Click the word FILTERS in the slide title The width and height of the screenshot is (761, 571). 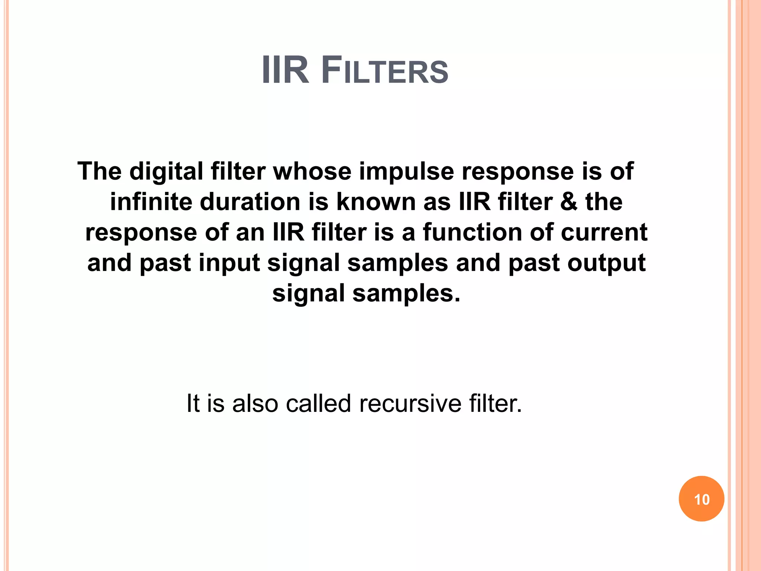[x=385, y=71]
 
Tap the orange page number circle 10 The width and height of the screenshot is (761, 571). [x=701, y=499]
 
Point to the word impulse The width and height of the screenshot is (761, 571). [x=407, y=172]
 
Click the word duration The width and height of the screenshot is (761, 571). [x=250, y=202]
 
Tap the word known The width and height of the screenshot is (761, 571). [x=376, y=202]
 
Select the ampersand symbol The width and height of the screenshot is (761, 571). [x=569, y=202]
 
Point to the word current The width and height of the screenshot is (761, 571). [x=604, y=233]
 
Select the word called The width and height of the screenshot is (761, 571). [x=318, y=403]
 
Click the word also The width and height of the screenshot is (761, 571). [x=255, y=403]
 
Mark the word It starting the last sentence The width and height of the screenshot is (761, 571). [x=193, y=403]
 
